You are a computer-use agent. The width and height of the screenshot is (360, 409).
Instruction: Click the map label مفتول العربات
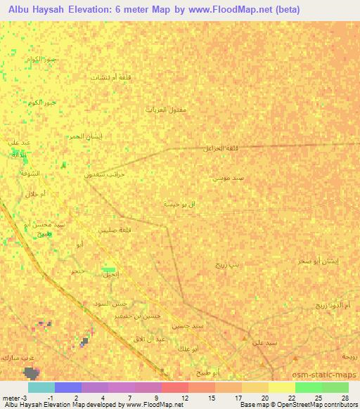coord(166,110)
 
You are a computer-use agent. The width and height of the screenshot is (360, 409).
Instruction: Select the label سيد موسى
coord(229,178)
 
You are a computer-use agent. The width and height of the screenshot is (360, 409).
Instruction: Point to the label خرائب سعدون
coord(104,173)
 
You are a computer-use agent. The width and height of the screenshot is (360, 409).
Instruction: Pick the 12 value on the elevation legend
coord(185,398)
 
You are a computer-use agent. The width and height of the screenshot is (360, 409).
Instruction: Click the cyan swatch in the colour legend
coord(41,387)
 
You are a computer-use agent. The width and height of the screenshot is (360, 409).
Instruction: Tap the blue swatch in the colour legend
coord(68,387)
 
